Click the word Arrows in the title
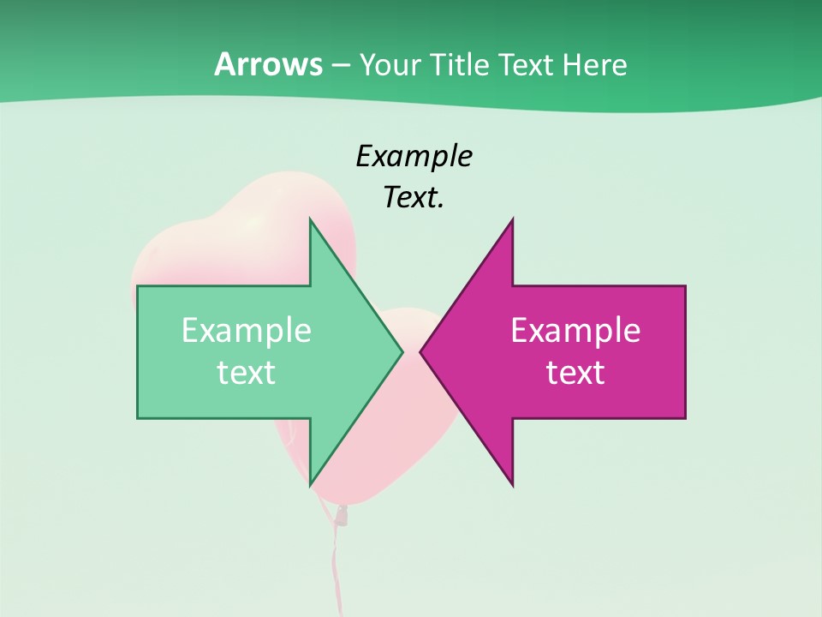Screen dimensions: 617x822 (267, 65)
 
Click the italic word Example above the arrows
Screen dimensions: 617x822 (414, 157)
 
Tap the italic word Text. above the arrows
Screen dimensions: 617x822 (414, 198)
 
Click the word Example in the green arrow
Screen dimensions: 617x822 (247, 331)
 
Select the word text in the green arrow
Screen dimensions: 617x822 (247, 373)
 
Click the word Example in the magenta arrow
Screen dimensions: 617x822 (575, 331)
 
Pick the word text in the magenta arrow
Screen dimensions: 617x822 (575, 373)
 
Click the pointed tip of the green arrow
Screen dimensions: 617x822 (402, 351)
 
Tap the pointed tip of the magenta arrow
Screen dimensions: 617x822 (420, 351)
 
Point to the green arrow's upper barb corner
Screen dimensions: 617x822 (310, 219)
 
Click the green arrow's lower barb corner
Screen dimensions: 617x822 (310, 485)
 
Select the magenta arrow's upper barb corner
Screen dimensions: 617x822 (512, 219)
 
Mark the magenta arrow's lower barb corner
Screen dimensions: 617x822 (512, 485)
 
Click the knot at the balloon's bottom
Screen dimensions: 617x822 (341, 515)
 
